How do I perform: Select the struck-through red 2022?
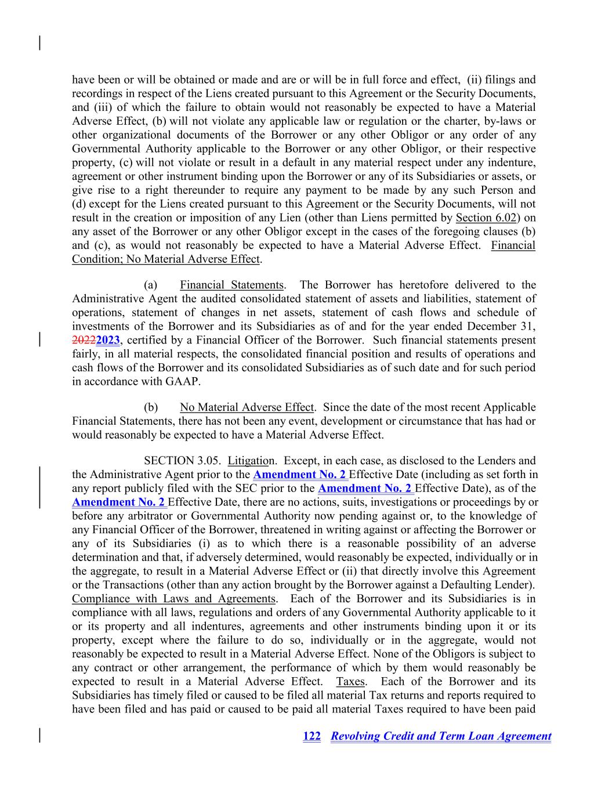84,340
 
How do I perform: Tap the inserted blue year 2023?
108,340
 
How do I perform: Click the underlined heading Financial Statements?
231,285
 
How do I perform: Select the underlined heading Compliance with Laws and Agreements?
173,599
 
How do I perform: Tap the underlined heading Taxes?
350,681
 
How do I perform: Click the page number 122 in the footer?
312,736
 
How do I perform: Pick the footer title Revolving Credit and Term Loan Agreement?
441,736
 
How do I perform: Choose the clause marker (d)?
79,204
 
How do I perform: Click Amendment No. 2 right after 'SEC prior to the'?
365,489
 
